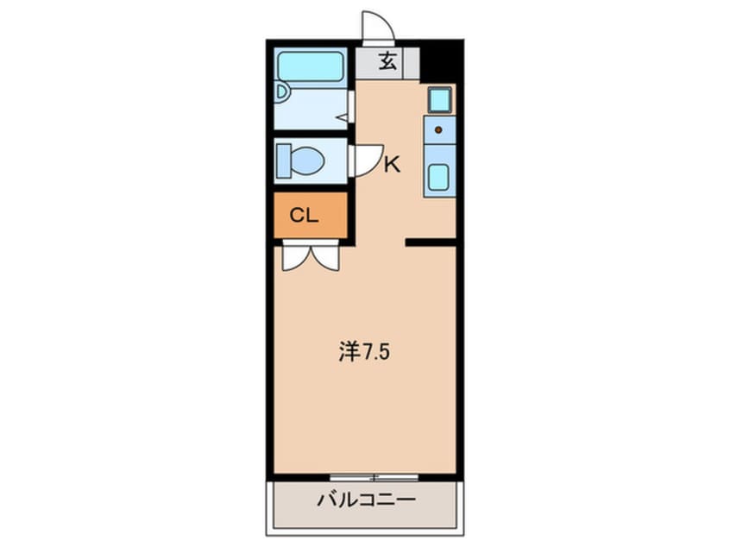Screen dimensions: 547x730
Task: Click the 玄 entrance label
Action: coord(387,62)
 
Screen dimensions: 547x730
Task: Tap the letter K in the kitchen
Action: coord(392,164)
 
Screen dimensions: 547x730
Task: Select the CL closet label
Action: coord(304,216)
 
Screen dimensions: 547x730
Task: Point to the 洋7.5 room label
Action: coord(359,353)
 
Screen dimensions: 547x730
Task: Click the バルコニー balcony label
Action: coord(366,500)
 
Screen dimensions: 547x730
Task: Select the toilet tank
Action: coord(283,160)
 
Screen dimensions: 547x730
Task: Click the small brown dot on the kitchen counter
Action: coord(438,130)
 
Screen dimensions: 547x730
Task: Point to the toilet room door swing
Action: coord(366,160)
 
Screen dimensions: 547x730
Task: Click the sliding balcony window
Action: coord(373,476)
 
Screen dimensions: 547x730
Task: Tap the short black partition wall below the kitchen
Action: coord(431,243)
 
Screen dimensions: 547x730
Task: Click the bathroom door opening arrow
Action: coord(348,116)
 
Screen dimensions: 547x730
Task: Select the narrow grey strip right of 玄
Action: coord(413,62)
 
